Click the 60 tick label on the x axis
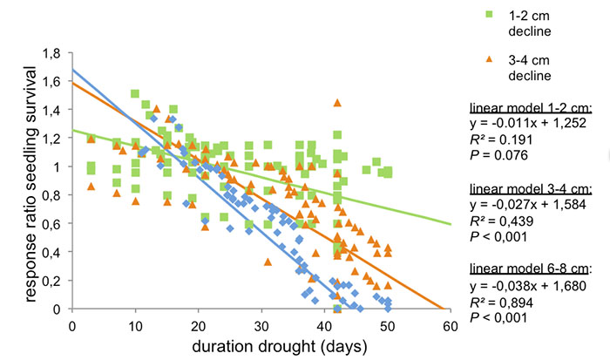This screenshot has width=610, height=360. point(451,326)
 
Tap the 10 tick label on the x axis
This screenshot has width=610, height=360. point(135,326)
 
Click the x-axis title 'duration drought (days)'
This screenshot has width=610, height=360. point(261,346)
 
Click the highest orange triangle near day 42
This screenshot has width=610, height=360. point(337,103)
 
